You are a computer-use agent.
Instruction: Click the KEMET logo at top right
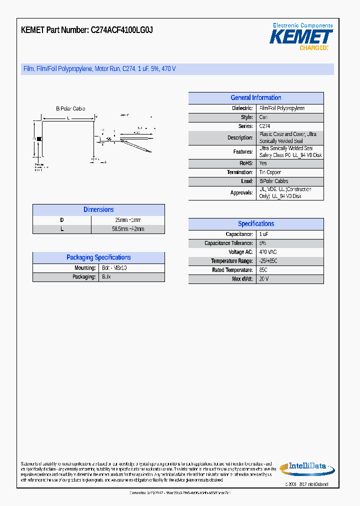(301, 37)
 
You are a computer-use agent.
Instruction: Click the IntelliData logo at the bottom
(303, 467)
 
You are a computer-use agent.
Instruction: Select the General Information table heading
(255, 98)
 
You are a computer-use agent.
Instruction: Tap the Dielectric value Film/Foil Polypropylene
(281, 108)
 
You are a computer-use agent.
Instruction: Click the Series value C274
(264, 126)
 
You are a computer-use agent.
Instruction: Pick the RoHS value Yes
(263, 163)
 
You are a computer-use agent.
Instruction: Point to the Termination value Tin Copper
(270, 172)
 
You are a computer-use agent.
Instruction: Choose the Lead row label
(247, 181)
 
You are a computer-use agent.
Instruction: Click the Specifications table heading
(255, 224)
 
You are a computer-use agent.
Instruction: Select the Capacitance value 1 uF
(263, 234)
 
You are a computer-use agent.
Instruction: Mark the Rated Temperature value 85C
(263, 270)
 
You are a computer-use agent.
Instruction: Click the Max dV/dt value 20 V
(263, 279)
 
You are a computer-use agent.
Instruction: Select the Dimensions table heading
(98, 210)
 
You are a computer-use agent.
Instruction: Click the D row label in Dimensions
(62, 220)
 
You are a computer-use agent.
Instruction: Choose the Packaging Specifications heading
(98, 257)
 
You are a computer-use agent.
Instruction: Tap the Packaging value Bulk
(106, 277)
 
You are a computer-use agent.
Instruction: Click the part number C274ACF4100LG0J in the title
(121, 30)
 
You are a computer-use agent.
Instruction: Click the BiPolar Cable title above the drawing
(70, 108)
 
